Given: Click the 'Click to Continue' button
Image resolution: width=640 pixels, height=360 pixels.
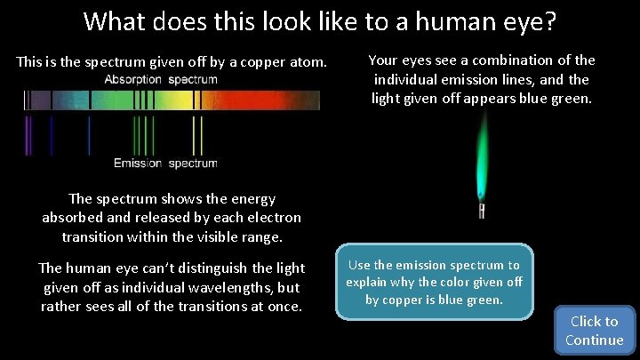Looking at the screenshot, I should coord(594,331).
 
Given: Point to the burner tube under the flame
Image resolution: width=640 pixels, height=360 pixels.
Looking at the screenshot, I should coord(482,211).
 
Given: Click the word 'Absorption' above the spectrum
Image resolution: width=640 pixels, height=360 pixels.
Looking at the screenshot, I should coord(133,80).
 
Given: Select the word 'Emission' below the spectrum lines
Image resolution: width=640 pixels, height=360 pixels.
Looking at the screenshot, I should coord(138,164).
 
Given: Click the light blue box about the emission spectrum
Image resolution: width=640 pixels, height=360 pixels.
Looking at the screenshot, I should coord(434,282).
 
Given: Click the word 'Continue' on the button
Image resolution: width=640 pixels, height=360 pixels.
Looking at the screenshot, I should coord(594,340).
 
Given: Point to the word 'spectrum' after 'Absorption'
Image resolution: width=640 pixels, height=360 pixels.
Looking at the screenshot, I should coord(192,80).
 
